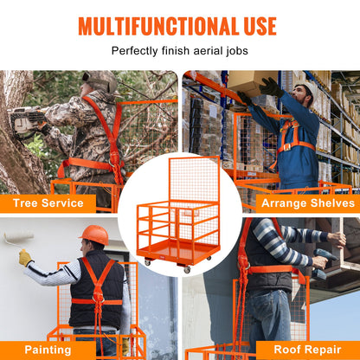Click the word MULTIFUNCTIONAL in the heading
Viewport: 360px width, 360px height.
tap(155, 25)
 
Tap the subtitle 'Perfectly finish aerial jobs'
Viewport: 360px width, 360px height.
tap(179, 51)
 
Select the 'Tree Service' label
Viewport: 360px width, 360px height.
tap(48, 203)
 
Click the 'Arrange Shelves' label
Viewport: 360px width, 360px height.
tap(307, 203)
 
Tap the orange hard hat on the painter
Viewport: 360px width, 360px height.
tap(93, 235)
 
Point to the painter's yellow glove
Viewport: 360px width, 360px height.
tap(25, 257)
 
